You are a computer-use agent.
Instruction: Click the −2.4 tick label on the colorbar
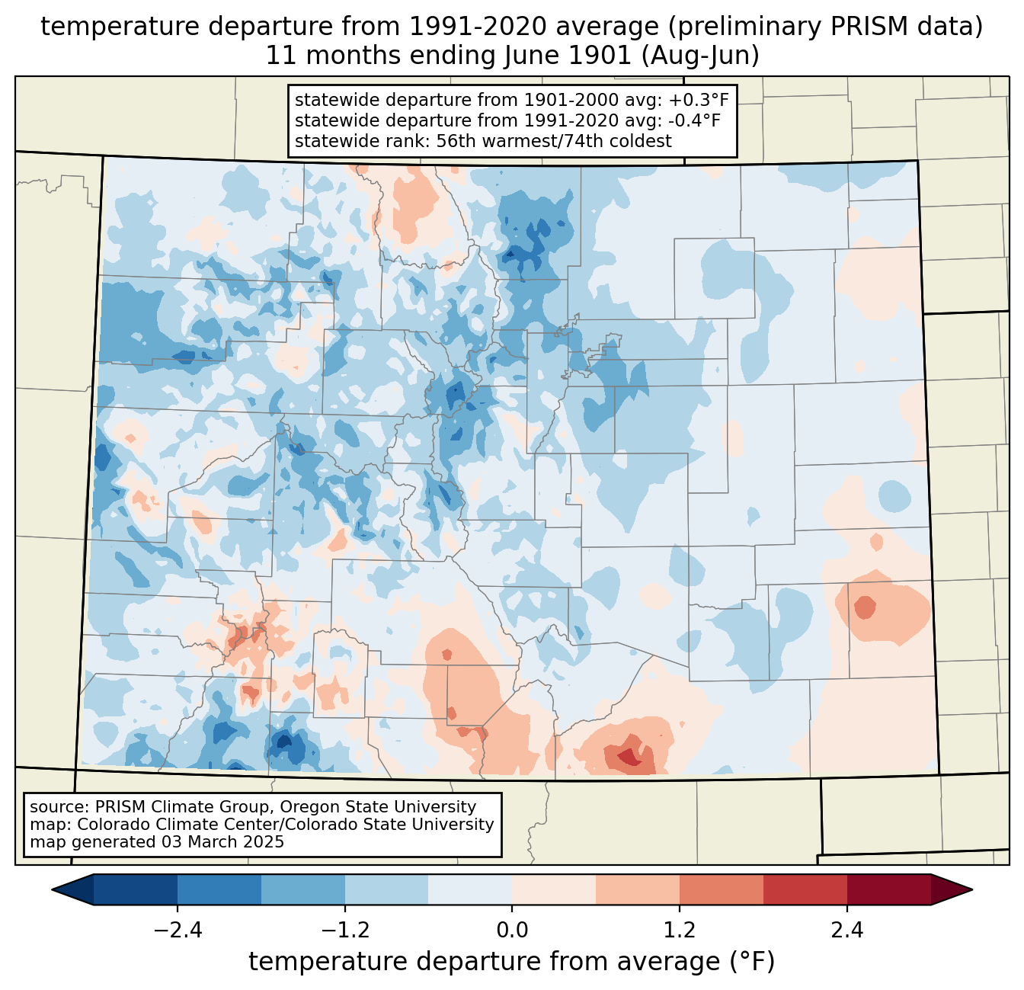(x=178, y=931)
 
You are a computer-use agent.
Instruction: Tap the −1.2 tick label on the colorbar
(x=344, y=931)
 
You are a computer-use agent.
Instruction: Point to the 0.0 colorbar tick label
(x=512, y=931)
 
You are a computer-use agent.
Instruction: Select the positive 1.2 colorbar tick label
(x=680, y=931)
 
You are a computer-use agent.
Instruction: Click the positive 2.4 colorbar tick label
(x=846, y=931)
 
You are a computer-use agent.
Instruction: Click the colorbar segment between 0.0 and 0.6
(x=554, y=889)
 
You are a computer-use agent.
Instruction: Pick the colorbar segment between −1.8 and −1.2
(x=302, y=889)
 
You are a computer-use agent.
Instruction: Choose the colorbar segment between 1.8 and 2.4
(x=805, y=889)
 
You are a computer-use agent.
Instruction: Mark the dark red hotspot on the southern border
(x=629, y=757)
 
